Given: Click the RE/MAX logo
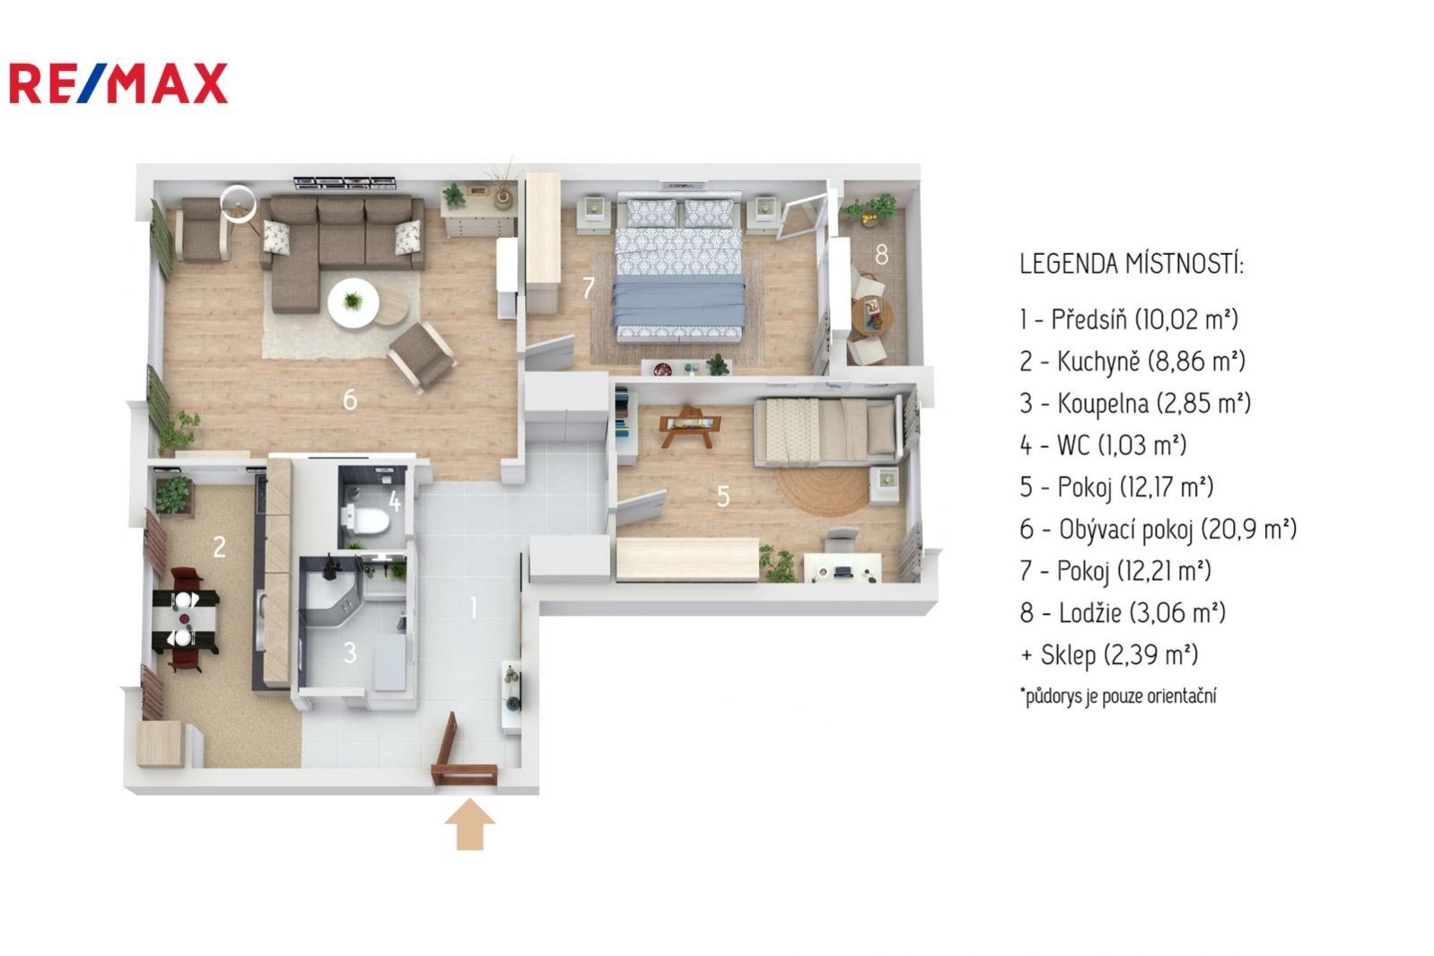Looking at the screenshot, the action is coord(118,83).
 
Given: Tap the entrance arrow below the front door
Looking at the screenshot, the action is coord(470,824).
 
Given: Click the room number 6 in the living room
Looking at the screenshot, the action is coord(350,400).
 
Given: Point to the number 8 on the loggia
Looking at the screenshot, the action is coord(881,255).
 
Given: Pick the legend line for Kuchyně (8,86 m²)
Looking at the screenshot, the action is coord(1132,361).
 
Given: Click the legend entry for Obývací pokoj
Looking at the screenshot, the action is coord(1159,530).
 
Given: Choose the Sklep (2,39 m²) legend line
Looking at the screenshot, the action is coord(1109,655).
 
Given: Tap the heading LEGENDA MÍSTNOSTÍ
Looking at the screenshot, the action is coord(1132,264).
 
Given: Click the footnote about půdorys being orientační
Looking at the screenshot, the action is coord(1118,696).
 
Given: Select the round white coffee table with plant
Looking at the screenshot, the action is coord(354,303).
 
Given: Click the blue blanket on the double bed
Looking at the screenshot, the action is coord(678,300).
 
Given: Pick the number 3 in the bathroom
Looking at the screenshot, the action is coord(350,653).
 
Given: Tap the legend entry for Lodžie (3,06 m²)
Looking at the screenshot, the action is coord(1123,613).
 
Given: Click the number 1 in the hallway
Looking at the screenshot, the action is coord(473,607).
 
